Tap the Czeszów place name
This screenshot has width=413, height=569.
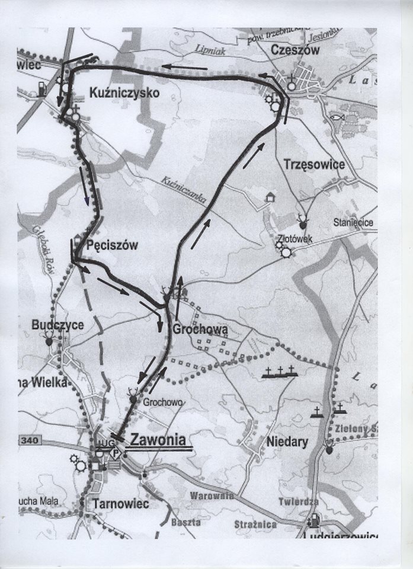[294, 50]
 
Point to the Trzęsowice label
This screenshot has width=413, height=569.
[313, 164]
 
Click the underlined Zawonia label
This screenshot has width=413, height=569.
[158, 440]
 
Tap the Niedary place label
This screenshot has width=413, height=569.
[287, 442]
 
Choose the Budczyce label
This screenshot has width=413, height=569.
[57, 325]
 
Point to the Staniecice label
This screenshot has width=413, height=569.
[353, 223]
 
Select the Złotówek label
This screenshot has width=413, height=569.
[295, 239]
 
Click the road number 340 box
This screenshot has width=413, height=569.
[28, 440]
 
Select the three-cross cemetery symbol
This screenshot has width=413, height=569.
[280, 372]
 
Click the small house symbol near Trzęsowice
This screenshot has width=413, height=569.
[271, 197]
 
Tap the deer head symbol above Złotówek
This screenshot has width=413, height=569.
[303, 222]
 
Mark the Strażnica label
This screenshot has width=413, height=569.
[255, 524]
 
